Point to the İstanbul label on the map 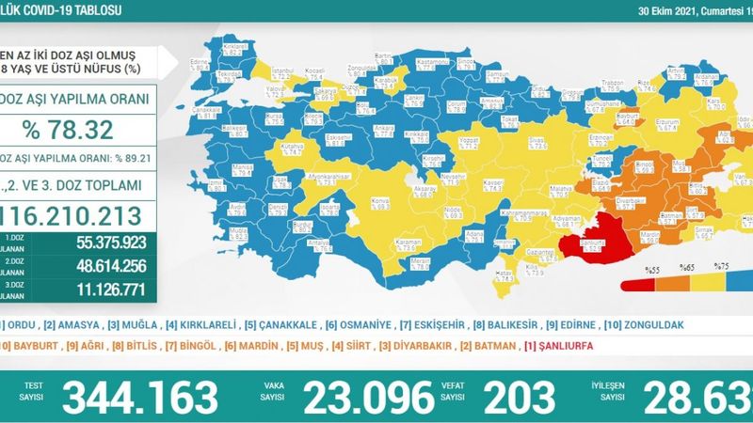coord(279,71)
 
